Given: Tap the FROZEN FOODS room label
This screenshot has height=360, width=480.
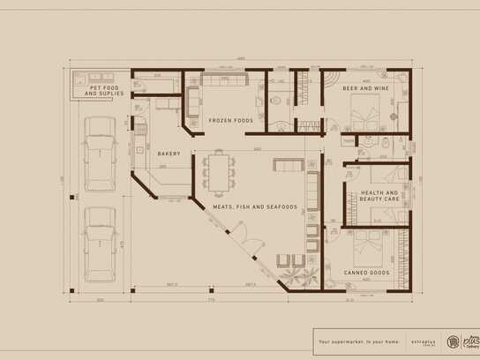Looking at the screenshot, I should pyautogui.click(x=230, y=120).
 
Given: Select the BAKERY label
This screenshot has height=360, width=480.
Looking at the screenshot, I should pyautogui.click(x=169, y=154).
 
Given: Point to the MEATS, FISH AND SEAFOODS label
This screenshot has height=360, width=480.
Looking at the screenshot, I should pyautogui.click(x=254, y=207).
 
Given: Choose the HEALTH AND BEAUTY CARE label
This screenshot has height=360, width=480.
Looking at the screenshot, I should pyautogui.click(x=379, y=196).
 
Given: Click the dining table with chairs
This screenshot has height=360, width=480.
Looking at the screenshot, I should pyautogui.click(x=218, y=171).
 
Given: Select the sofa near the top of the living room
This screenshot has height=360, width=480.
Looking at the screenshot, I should pyautogui.click(x=287, y=165).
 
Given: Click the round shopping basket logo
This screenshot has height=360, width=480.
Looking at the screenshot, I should pyautogui.click(x=454, y=340).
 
